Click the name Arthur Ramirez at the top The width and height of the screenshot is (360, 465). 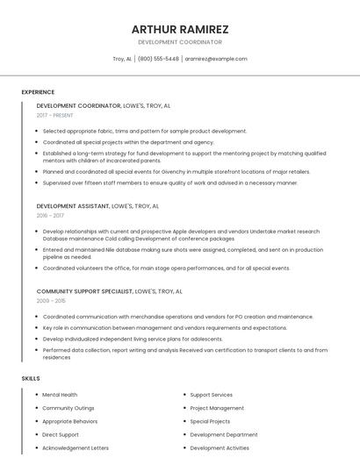point(180,29)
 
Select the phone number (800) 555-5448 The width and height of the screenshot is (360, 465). point(158,59)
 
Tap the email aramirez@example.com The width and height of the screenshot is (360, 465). point(216,59)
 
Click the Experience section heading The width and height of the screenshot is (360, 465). point(38,92)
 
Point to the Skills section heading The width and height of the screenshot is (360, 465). point(30,378)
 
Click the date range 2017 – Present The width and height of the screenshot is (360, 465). point(54,115)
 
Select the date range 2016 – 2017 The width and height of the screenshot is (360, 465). point(50,215)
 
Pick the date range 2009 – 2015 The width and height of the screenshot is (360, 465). point(50,300)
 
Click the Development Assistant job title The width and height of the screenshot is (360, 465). point(73,206)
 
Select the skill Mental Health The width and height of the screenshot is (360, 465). point(60,395)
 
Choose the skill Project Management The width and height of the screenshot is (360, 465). point(217,408)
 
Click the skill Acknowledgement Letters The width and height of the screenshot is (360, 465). point(76,447)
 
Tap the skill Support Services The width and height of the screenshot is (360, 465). point(211,395)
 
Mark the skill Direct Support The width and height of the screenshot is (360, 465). point(61,434)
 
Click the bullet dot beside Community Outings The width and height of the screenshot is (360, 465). point(36,408)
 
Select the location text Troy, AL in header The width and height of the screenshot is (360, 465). point(122,59)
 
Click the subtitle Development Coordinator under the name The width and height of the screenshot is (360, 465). point(180,42)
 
